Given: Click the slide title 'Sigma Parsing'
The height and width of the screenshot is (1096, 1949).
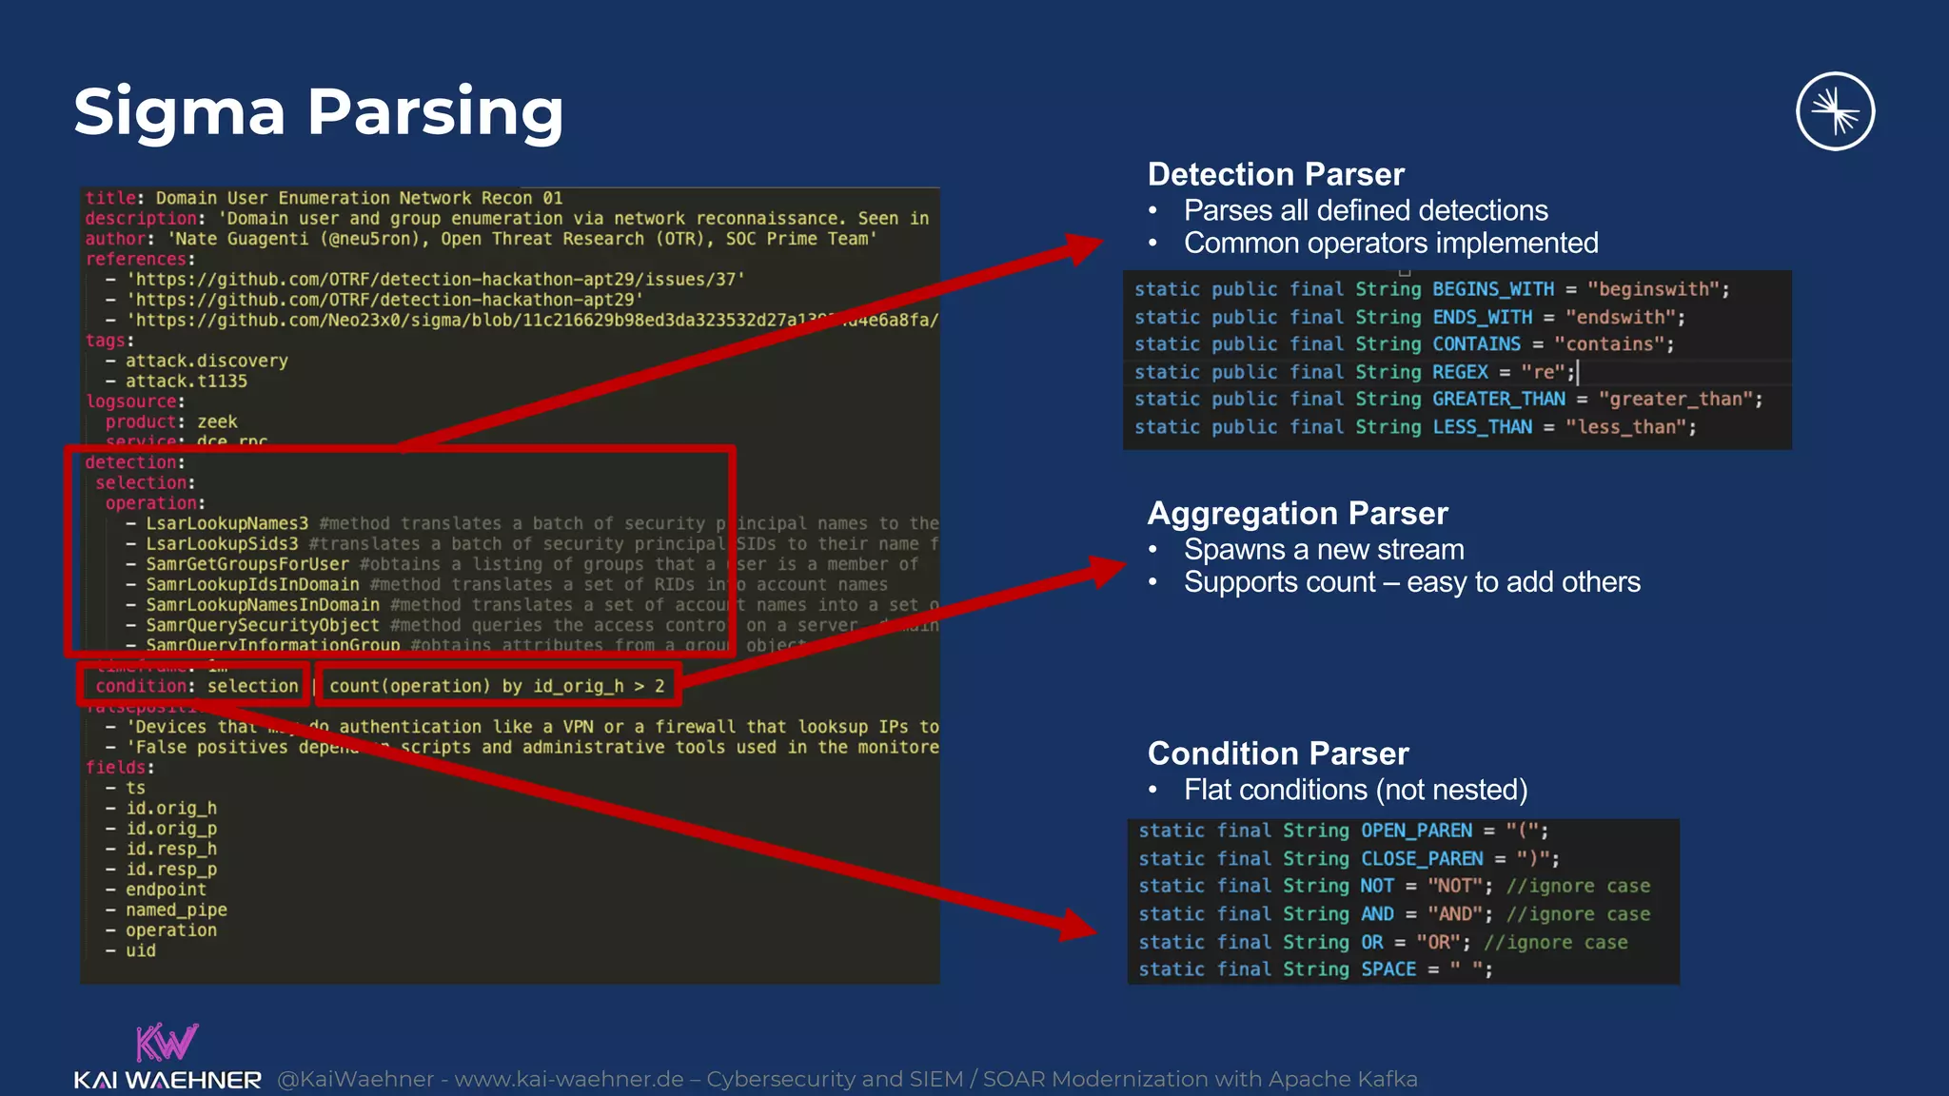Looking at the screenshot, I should (x=319, y=112).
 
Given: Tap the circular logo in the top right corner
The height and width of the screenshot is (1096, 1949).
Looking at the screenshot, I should (x=1835, y=111).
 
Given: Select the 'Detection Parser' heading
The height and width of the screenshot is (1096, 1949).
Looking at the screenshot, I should (x=1275, y=174).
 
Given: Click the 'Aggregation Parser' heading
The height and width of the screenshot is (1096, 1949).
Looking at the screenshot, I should (x=1297, y=514).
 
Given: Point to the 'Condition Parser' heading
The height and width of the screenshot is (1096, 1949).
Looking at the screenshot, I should (x=1277, y=753).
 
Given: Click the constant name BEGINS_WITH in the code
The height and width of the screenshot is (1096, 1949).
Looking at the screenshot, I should (x=1493, y=289).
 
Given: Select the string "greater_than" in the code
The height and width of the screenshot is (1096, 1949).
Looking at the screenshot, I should (x=1680, y=400).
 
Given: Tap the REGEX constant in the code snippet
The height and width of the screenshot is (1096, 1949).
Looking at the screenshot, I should (x=1460, y=372).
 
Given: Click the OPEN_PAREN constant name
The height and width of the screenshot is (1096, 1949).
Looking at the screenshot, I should (x=1416, y=831).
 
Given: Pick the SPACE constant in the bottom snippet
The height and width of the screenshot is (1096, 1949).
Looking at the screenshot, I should (x=1388, y=969).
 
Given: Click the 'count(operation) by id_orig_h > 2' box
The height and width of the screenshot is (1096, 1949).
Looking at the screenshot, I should (x=498, y=686).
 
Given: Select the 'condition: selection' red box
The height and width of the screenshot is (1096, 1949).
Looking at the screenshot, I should (x=196, y=686).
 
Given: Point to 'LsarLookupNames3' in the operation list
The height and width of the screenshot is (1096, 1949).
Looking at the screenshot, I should (x=226, y=523).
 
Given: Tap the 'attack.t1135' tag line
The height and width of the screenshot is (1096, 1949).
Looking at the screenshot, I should (x=186, y=382).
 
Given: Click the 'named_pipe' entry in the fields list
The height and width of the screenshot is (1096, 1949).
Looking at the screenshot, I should (x=176, y=910).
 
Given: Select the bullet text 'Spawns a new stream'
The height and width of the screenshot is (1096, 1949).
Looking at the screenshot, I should (x=1323, y=550).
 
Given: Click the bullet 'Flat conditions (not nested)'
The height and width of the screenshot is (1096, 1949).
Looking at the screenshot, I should (x=1355, y=790).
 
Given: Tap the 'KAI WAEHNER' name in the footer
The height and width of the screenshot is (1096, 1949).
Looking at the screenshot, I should (x=167, y=1080).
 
